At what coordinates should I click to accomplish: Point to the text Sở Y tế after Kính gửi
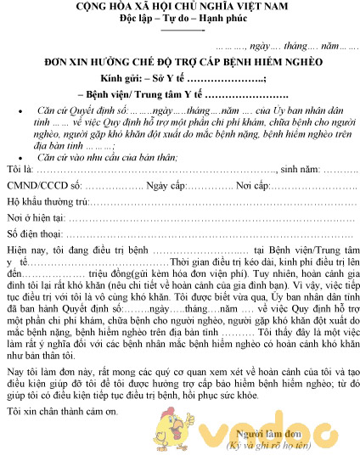pyautogui.click(x=161, y=78)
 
